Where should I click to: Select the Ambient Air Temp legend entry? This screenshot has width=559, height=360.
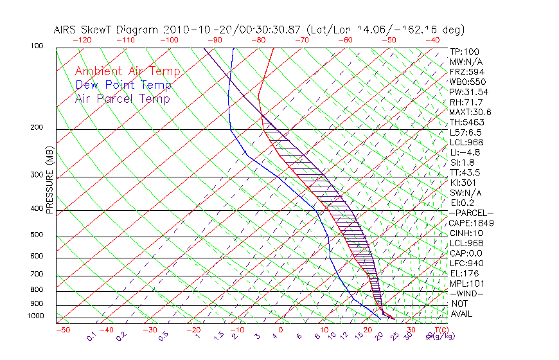coord(127,71)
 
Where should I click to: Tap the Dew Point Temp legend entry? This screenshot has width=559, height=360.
coord(123,85)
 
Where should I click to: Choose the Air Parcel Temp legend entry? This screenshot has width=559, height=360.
coord(122,98)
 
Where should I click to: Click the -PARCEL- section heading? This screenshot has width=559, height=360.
coord(471,213)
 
